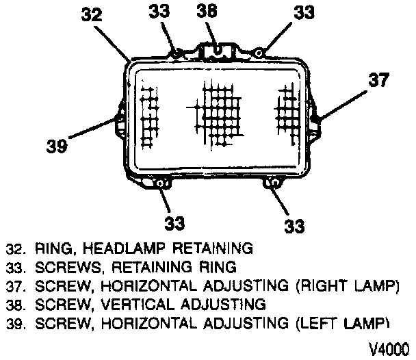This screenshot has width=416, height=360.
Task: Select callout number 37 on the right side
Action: (x=378, y=81)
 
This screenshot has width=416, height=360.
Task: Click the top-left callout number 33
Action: (x=159, y=12)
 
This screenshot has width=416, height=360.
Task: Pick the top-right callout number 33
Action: (x=306, y=12)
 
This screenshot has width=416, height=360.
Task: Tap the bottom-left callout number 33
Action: (x=175, y=223)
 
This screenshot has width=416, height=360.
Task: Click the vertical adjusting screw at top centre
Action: (x=217, y=49)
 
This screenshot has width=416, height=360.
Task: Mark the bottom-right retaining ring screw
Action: (x=272, y=183)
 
